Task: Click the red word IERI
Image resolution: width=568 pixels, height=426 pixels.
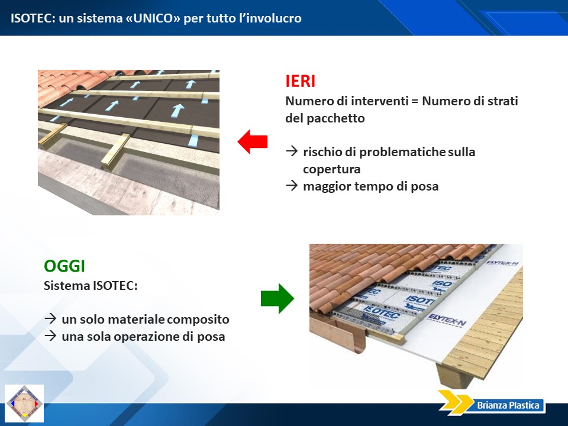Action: [301, 81]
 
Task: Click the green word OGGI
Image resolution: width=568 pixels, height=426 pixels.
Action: [64, 266]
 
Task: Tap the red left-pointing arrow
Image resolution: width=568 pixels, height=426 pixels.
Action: [253, 141]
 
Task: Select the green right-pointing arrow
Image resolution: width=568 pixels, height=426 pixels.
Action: [277, 298]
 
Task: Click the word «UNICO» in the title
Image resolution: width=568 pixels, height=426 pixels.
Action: [153, 18]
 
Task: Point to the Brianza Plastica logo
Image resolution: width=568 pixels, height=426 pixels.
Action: [492, 403]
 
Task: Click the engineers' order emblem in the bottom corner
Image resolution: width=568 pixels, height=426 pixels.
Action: [24, 404]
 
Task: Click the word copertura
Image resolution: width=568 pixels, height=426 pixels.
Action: [332, 169]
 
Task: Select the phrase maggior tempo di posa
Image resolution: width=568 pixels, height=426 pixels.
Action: [371, 186]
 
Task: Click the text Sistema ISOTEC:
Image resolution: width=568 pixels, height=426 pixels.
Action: [91, 285]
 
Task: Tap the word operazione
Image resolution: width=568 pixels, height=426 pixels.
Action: [146, 337]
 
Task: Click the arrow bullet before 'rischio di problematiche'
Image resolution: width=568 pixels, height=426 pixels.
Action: [292, 151]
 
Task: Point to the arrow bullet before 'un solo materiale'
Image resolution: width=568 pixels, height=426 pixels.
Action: [50, 318]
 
